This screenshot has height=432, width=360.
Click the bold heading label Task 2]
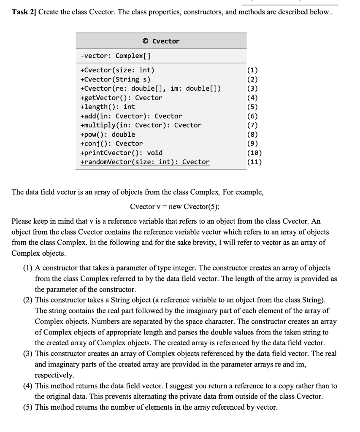click(x=24, y=11)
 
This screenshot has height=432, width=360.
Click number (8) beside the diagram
click(x=254, y=134)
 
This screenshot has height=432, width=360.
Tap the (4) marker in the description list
click(x=29, y=386)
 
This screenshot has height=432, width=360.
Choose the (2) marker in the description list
click(x=29, y=300)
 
